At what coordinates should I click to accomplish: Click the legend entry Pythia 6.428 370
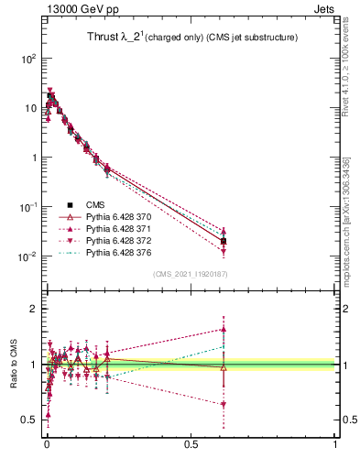[118, 216]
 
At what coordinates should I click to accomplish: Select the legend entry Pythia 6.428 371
[118, 228]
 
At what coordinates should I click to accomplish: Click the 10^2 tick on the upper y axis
[27, 58]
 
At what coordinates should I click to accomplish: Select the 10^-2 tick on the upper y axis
[27, 256]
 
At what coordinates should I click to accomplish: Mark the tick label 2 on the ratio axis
[31, 309]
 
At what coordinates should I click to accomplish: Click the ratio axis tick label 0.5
[27, 420]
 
